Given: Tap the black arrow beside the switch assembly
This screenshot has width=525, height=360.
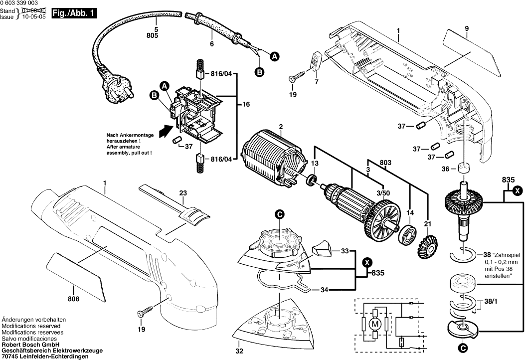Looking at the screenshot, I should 162,132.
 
